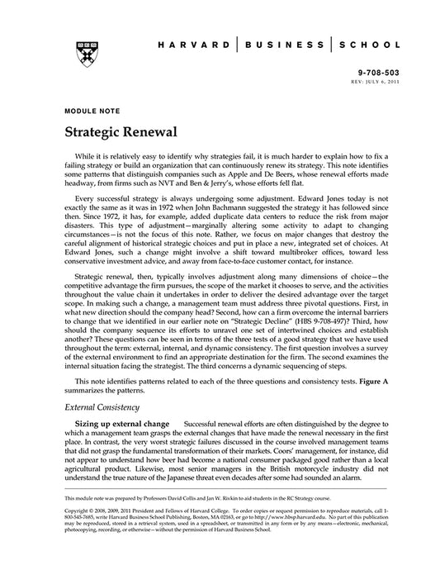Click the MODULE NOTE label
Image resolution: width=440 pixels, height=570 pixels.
tap(88, 110)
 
